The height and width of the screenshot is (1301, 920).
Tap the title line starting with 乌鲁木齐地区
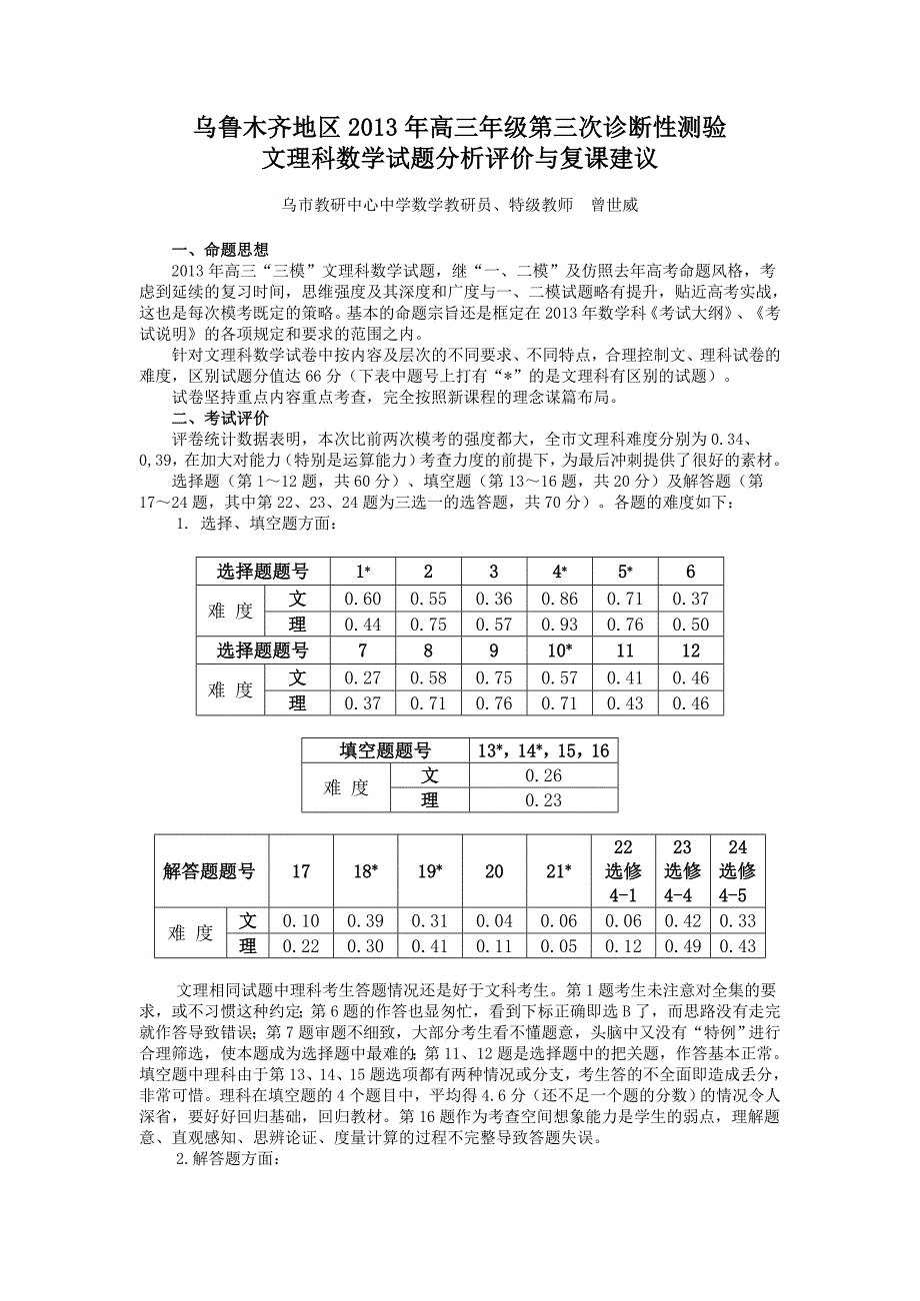pyautogui.click(x=459, y=128)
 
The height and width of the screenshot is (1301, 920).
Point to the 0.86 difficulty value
pyautogui.click(x=559, y=599)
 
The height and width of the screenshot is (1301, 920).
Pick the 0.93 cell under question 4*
pyautogui.click(x=559, y=625)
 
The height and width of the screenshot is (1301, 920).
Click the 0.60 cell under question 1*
pyautogui.click(x=362, y=599)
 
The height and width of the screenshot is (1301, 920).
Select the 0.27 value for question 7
pyautogui.click(x=362, y=677)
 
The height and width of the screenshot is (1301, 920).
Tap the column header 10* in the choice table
pyautogui.click(x=559, y=650)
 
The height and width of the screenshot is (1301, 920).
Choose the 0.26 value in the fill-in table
pyautogui.click(x=543, y=775)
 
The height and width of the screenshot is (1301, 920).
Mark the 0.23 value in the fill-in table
pyautogui.click(x=543, y=800)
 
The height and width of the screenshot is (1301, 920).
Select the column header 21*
pyautogui.click(x=559, y=871)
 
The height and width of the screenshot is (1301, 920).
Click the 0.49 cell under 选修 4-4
pyautogui.click(x=683, y=946)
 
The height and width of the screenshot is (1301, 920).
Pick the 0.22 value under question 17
pyautogui.click(x=301, y=946)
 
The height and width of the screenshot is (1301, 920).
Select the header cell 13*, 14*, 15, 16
pyautogui.click(x=543, y=750)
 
